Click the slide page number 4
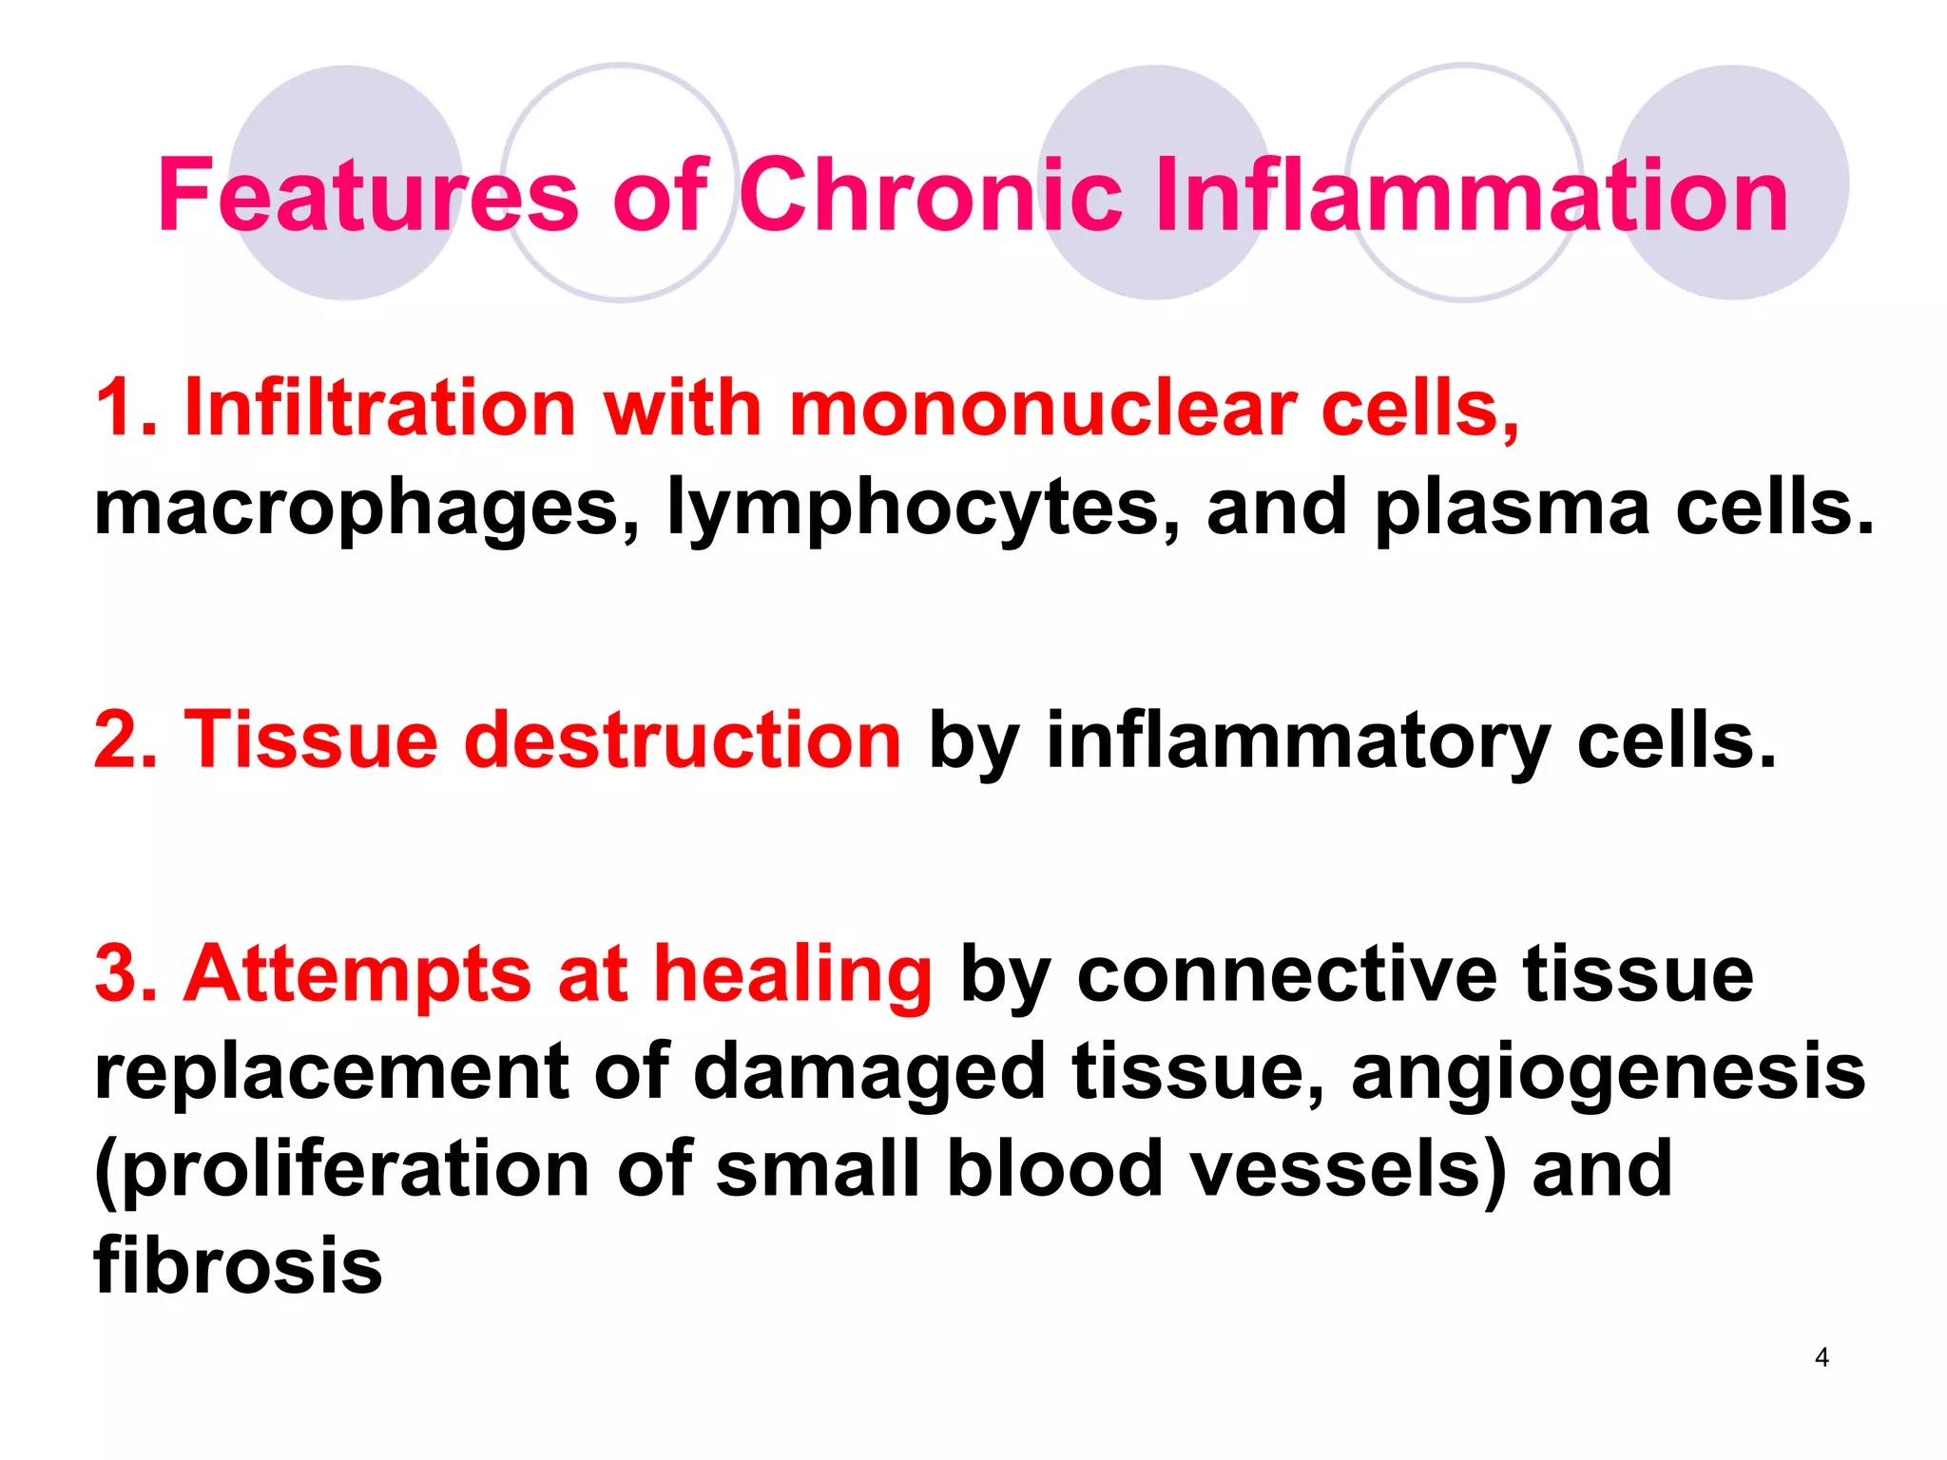pyautogui.click(x=1822, y=1357)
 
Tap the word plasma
pyautogui.click(x=1512, y=509)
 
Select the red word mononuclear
pyautogui.click(x=1043, y=409)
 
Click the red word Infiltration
pyautogui.click(x=379, y=409)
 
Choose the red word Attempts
pyautogui.click(x=357, y=974)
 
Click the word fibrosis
pyautogui.click(x=238, y=1266)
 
